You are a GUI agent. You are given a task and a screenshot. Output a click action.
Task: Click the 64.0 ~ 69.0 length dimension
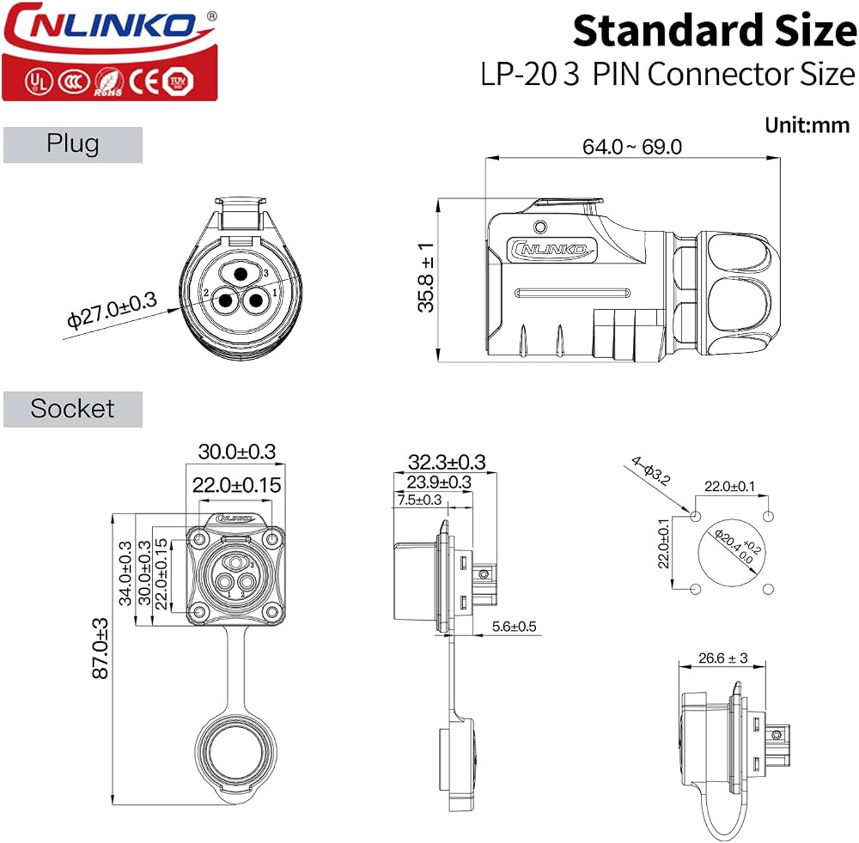pyautogui.click(x=631, y=147)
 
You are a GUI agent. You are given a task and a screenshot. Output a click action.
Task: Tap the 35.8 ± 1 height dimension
pyautogui.click(x=426, y=277)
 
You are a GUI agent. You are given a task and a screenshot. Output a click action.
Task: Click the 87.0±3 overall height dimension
pyautogui.click(x=101, y=649)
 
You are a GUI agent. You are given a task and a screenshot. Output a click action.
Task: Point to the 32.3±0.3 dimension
pyautogui.click(x=447, y=462)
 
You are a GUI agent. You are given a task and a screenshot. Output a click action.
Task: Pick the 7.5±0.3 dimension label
pyautogui.click(x=419, y=500)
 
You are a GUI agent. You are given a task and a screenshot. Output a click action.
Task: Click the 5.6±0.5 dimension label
pyautogui.click(x=514, y=626)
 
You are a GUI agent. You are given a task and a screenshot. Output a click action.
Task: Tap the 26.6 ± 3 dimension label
pyautogui.click(x=722, y=658)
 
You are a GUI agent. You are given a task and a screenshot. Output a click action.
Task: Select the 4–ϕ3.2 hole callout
pyautogui.click(x=651, y=470)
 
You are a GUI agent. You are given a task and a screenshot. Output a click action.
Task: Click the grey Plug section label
pyautogui.click(x=73, y=144)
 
